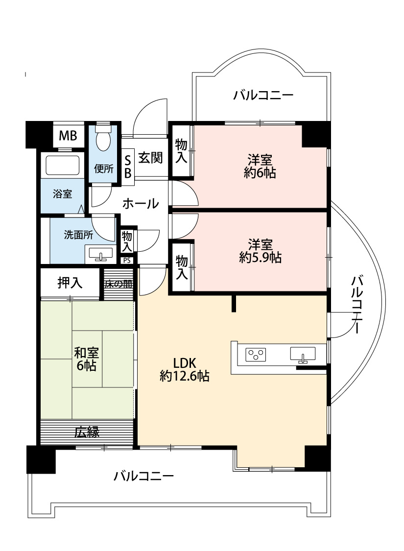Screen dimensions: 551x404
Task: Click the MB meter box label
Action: tap(68, 136)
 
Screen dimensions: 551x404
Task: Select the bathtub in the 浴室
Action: tap(62, 165)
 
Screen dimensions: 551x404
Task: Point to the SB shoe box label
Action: tap(127, 167)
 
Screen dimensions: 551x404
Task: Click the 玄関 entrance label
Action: tap(150, 158)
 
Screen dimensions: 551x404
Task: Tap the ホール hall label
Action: tap(140, 203)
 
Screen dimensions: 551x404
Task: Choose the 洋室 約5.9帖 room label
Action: tap(260, 250)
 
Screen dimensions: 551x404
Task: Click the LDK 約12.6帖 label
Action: tap(185, 369)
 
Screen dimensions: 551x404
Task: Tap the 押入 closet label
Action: tap(70, 283)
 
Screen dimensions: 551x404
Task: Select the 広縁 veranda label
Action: tap(87, 432)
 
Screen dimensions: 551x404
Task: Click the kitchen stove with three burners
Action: tap(255, 353)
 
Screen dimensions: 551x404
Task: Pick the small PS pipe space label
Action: tap(127, 261)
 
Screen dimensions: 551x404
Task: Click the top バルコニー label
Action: tap(263, 95)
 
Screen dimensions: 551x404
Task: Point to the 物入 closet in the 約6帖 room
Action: tap(181, 150)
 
